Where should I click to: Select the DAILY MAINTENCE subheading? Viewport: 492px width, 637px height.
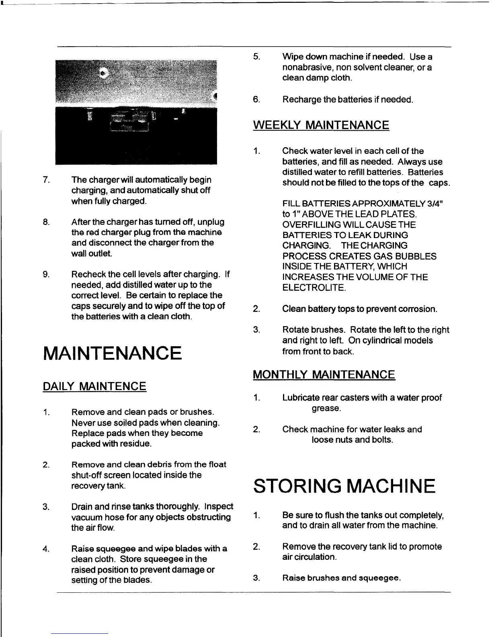94,387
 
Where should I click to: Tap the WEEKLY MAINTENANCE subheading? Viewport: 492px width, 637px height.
321,125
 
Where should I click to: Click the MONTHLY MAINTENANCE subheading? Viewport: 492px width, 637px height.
324,375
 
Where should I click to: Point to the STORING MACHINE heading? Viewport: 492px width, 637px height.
344,486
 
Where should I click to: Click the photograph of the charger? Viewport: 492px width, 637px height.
136,112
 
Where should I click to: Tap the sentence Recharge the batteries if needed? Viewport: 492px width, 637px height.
348,99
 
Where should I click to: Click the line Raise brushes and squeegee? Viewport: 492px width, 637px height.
342,578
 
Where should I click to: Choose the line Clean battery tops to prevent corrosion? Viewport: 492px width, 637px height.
360,309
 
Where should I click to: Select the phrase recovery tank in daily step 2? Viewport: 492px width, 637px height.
98,486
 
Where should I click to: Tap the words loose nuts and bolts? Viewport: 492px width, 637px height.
352,440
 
